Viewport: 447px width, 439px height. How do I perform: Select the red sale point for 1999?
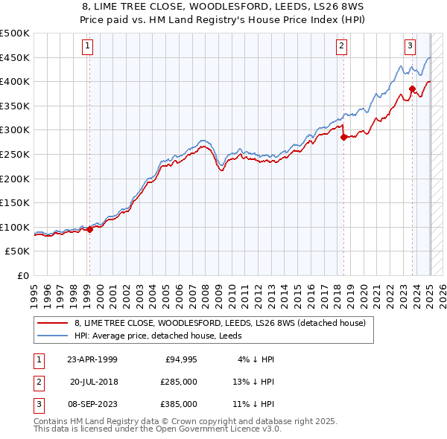tap(89, 229)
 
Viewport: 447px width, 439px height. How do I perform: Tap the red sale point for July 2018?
tap(343, 137)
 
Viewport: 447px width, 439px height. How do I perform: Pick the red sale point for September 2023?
tap(412, 89)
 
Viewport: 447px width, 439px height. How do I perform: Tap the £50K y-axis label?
tap(18, 251)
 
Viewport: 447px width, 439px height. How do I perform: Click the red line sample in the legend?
tap(52, 324)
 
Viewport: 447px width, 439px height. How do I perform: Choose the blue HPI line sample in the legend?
tap(52, 336)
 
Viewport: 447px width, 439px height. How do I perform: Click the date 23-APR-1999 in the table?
tap(92, 359)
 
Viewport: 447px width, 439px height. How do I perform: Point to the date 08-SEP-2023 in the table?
tap(92, 404)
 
